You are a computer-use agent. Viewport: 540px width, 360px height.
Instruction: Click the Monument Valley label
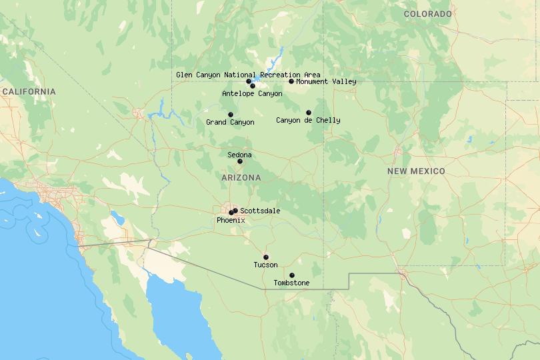(326, 81)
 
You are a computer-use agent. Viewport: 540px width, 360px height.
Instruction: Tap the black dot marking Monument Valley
(291, 81)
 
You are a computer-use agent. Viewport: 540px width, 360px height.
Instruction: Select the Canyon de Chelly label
(308, 120)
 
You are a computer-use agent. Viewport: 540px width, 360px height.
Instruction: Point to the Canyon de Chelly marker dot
(308, 113)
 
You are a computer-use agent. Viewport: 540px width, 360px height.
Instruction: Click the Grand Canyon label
(230, 122)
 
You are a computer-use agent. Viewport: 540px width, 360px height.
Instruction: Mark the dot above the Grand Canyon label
(231, 115)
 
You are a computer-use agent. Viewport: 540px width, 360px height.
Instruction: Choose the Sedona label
(239, 155)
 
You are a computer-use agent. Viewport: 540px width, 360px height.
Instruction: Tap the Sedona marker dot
(240, 161)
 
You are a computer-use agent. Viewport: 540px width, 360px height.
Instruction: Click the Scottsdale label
(260, 211)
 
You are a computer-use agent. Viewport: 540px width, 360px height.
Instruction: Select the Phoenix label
(231, 219)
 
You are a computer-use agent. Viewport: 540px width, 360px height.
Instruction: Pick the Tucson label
(265, 265)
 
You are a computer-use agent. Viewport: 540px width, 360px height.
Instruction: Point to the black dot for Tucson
(265, 257)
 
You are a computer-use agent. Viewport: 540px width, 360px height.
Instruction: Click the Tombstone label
(291, 283)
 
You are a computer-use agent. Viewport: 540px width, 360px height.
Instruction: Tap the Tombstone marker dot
(291, 275)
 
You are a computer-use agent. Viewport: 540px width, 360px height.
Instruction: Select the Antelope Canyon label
(252, 93)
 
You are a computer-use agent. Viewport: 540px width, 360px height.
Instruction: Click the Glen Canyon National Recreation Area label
(248, 75)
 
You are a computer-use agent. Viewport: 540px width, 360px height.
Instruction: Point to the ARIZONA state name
(241, 178)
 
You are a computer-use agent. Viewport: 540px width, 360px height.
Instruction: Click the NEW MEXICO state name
(416, 171)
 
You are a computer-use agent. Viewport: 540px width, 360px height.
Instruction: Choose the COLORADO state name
(427, 14)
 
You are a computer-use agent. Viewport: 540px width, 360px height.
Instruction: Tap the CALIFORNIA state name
(29, 91)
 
